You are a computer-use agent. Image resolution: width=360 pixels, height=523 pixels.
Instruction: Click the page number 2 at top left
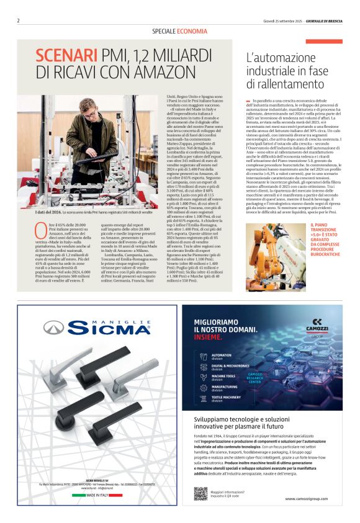pos(19,20)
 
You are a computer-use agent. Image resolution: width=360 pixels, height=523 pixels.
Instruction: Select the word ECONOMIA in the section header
pos(192,30)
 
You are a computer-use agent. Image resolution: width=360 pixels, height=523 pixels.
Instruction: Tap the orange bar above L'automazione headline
pos(332,42)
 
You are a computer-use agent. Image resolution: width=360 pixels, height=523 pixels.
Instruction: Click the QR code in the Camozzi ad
pos(200,493)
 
